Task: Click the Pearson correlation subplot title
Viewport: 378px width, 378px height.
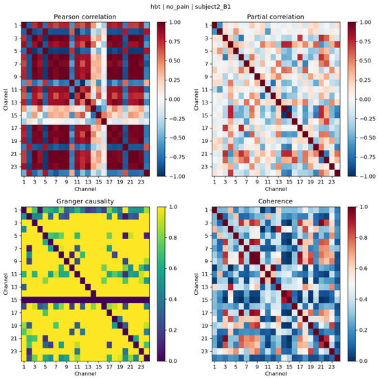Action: [85, 17]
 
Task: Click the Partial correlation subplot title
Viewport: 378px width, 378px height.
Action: [276, 17]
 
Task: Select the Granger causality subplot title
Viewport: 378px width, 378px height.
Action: [85, 201]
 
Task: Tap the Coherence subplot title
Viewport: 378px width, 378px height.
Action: [276, 201]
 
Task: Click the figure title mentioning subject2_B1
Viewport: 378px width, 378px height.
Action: [190, 7]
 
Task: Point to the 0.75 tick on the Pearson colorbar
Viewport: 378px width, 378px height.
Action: [175, 42]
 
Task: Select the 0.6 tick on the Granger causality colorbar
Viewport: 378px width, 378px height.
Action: [173, 268]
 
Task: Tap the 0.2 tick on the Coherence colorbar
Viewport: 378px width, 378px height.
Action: [364, 330]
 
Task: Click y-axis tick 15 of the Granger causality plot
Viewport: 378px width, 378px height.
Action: [14, 300]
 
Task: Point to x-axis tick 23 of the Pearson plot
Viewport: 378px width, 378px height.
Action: [141, 182]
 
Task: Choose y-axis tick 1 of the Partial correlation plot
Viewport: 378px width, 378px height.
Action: [206, 25]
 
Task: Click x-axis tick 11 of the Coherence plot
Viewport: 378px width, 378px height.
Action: [267, 367]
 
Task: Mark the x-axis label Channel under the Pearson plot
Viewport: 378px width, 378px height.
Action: [85, 189]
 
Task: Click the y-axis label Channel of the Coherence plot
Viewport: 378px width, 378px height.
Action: [197, 284]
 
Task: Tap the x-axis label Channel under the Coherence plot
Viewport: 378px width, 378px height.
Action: [276, 373]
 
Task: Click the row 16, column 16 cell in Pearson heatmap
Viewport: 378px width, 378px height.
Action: [104, 122]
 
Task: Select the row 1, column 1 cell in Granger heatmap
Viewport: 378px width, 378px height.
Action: [24, 210]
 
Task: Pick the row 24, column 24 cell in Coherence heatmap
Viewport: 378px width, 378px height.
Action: [337, 358]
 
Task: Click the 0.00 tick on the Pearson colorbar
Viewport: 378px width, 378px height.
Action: [175, 100]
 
